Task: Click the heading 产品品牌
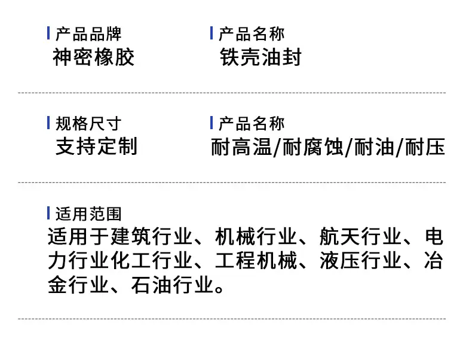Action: pos(88,33)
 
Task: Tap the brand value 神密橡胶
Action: pos(93,57)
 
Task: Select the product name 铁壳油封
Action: pos(260,57)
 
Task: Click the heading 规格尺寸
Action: pos(88,124)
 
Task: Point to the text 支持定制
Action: pos(97,146)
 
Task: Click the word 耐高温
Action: pos(241,147)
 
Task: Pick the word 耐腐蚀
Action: pos(313,147)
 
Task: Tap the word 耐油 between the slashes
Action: pos(375,147)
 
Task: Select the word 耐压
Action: pos(425,147)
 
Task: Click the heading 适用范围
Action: pos(88,214)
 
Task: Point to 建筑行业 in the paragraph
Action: pos(151,236)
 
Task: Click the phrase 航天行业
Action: pos(360,236)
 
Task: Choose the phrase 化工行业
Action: pos(151,261)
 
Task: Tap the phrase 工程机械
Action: pos(256,261)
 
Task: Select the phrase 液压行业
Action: pos(360,261)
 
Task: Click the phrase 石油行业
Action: pos(172,285)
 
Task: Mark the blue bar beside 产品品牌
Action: pos(48,33)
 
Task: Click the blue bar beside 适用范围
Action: pos(48,213)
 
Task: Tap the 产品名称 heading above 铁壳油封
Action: pos(252,33)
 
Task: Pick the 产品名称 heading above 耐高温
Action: pos(252,124)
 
